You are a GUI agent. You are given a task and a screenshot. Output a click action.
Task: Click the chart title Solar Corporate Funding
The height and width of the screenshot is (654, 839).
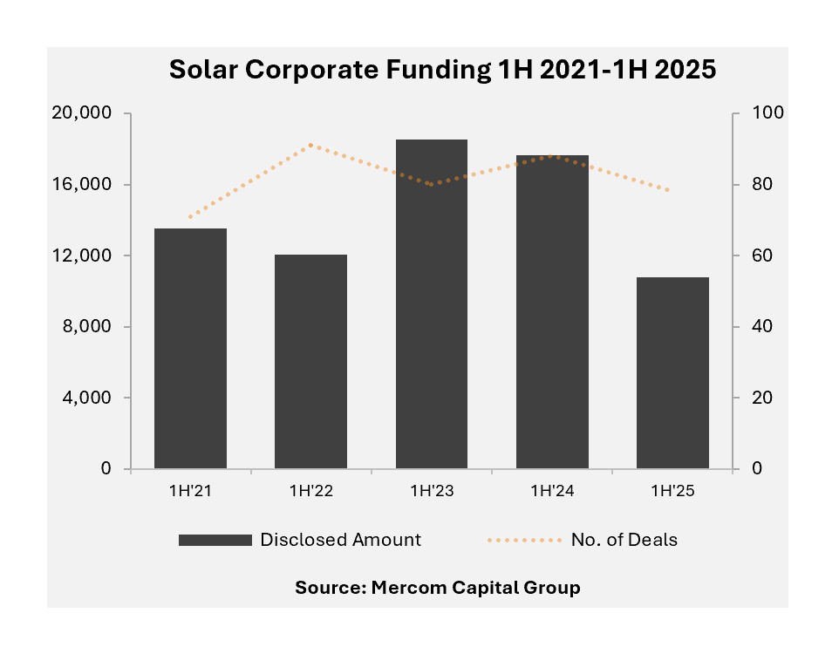click(442, 70)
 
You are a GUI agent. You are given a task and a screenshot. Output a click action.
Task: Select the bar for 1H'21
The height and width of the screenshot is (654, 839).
click(190, 349)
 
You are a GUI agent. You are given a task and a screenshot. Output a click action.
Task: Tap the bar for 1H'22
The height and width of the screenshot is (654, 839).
click(310, 362)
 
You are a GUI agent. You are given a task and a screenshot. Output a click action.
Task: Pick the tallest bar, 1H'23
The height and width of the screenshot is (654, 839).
click(431, 304)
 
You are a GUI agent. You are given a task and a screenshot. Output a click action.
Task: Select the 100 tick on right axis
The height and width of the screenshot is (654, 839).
click(750, 113)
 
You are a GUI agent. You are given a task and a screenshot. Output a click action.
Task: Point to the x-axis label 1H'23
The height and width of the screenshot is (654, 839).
click(431, 491)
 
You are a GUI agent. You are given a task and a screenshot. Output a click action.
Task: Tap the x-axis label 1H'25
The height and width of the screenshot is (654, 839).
click(672, 491)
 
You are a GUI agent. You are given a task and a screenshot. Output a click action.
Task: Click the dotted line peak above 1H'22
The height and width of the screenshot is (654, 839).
click(310, 145)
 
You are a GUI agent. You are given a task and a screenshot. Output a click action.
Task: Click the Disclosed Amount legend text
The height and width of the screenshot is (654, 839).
click(340, 540)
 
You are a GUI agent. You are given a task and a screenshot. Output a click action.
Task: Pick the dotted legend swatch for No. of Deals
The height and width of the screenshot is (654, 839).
click(522, 540)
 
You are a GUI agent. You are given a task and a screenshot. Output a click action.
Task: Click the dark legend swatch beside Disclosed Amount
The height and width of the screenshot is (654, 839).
click(215, 540)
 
